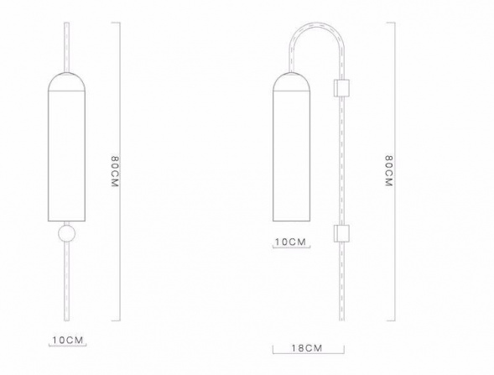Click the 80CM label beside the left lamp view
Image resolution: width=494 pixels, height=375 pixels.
click(116, 173)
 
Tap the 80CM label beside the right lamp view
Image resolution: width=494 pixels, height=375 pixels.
click(387, 173)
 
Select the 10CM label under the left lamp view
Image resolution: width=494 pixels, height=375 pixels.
click(68, 341)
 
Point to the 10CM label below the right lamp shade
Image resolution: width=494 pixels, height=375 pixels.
click(291, 242)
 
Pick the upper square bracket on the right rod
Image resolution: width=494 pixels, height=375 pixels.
click(340, 86)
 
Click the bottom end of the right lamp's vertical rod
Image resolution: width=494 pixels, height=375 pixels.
click(340, 319)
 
